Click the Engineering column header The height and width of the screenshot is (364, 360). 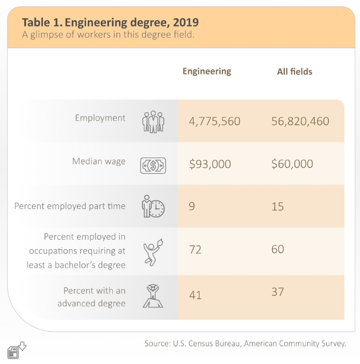[207, 72]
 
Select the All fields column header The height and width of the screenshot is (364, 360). [295, 72]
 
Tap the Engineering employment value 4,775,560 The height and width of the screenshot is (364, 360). [215, 121]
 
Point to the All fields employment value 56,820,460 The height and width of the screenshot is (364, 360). [300, 121]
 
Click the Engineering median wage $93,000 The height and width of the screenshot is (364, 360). [210, 164]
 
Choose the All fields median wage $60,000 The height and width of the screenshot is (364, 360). [292, 164]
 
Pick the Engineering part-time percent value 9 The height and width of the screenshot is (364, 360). [192, 206]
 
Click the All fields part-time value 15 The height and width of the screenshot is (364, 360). [277, 206]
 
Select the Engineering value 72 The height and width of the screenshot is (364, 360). [195, 250]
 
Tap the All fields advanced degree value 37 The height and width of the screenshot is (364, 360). [277, 292]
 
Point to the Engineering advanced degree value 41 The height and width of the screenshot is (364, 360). [195, 295]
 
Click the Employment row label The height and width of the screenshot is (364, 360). [100, 118]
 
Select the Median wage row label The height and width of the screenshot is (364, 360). [99, 161]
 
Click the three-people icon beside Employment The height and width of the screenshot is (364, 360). [153, 122]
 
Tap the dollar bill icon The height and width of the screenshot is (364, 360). [153, 165]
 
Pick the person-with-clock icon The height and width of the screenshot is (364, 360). [153, 206]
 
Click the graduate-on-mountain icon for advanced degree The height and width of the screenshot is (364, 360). [153, 296]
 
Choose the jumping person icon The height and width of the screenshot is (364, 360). [153, 252]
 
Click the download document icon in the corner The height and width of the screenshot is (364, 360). [17, 350]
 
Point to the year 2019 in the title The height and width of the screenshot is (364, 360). [186, 22]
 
